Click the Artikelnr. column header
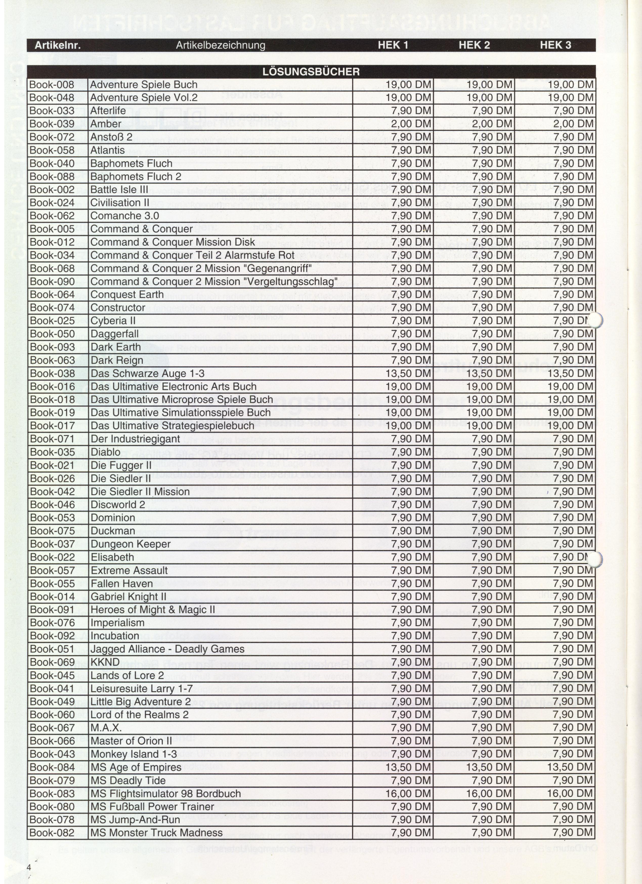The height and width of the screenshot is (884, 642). [x=58, y=45]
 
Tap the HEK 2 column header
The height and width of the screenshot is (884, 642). [x=474, y=45]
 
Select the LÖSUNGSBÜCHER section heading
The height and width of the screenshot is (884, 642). [x=311, y=72]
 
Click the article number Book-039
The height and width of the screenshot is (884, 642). [x=52, y=124]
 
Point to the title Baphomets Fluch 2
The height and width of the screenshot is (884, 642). [x=136, y=176]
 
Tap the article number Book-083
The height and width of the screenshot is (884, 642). [x=52, y=794]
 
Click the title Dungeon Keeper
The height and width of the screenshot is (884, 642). [x=131, y=544]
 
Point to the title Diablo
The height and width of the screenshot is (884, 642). [x=105, y=452]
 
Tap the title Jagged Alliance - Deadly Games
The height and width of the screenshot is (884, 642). [x=167, y=649]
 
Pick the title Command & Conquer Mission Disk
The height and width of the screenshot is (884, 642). [x=173, y=242]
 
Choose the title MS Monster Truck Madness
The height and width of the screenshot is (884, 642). [x=156, y=833]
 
